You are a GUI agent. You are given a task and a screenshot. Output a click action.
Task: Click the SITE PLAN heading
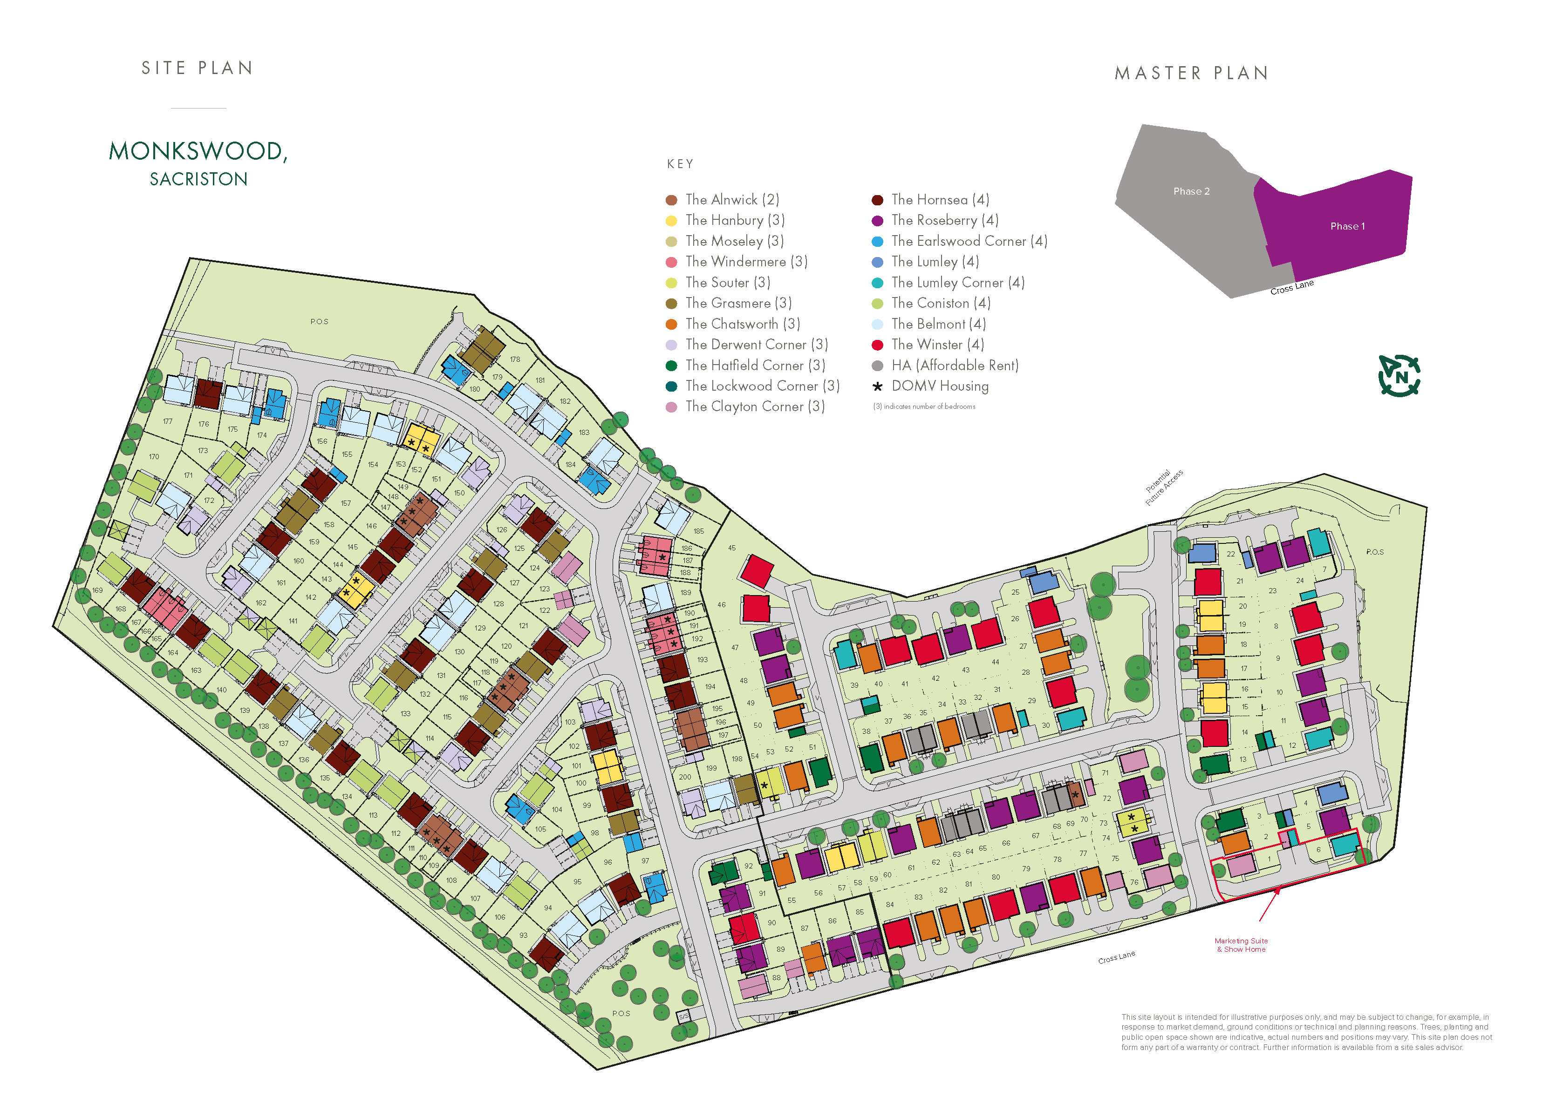(x=197, y=68)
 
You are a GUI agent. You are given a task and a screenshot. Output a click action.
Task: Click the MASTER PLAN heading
(x=1191, y=73)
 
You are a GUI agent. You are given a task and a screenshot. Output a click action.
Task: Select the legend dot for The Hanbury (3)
(x=671, y=220)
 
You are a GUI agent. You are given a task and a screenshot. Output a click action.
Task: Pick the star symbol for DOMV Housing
(x=877, y=386)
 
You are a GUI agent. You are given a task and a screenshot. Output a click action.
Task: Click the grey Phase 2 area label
(x=1191, y=191)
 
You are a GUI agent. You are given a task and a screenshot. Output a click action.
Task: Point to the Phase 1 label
(x=1347, y=226)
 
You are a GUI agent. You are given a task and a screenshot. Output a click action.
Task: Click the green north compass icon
(x=1398, y=376)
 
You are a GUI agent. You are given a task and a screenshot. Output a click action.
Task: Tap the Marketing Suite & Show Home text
(x=1240, y=945)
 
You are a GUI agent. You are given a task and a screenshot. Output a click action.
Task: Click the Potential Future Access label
(x=1163, y=487)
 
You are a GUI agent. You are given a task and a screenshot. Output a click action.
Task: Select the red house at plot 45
(x=757, y=570)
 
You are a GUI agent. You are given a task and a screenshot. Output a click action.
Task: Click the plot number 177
(x=168, y=421)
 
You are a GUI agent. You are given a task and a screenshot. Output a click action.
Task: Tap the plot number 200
(x=684, y=777)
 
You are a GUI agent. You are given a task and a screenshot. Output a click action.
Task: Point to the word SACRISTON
(x=198, y=179)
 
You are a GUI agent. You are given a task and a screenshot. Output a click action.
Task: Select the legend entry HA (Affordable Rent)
(x=954, y=366)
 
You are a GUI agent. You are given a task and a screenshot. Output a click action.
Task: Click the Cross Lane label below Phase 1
(x=1291, y=287)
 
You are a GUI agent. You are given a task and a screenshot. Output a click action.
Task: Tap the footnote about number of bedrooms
(x=923, y=406)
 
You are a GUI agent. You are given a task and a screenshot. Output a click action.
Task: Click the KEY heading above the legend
(x=680, y=164)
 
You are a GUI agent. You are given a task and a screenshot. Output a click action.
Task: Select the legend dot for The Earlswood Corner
(x=877, y=242)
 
